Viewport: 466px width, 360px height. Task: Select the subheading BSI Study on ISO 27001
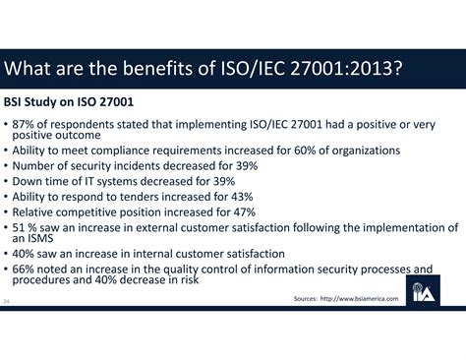click(x=68, y=102)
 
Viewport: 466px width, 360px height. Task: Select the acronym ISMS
click(x=44, y=238)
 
